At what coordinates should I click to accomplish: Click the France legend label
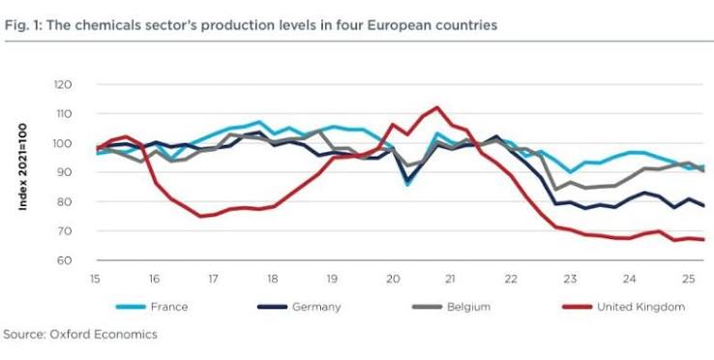[x=169, y=307]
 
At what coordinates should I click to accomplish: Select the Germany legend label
[x=316, y=307]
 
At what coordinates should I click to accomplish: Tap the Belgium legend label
[x=468, y=307]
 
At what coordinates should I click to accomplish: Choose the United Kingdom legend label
[x=640, y=307]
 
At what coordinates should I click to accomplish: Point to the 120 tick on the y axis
[x=64, y=85]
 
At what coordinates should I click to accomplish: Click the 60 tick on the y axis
[x=65, y=260]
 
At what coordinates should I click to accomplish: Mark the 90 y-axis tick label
[x=65, y=172]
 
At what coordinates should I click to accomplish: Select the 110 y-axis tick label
[x=65, y=114]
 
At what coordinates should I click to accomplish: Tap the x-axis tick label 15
[x=95, y=279]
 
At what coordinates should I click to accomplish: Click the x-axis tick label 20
[x=392, y=279]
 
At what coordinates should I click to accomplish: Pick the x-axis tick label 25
[x=689, y=279]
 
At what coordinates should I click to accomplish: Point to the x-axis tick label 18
[x=272, y=279]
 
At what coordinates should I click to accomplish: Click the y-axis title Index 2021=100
[x=23, y=166]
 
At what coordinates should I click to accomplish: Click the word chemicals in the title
[x=101, y=25]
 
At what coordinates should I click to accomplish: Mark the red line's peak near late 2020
[x=436, y=107]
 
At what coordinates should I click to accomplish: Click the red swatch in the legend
[x=577, y=307]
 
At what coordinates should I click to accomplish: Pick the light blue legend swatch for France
[x=131, y=307]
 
